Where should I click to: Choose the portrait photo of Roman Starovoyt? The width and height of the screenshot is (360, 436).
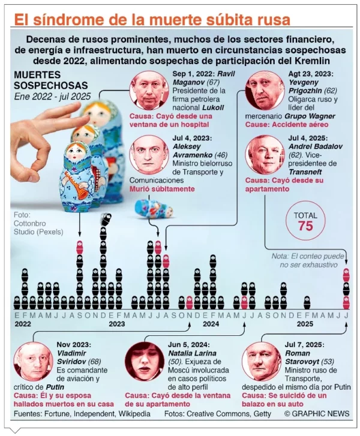coord(261,362)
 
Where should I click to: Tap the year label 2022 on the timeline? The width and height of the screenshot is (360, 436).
coord(23,323)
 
